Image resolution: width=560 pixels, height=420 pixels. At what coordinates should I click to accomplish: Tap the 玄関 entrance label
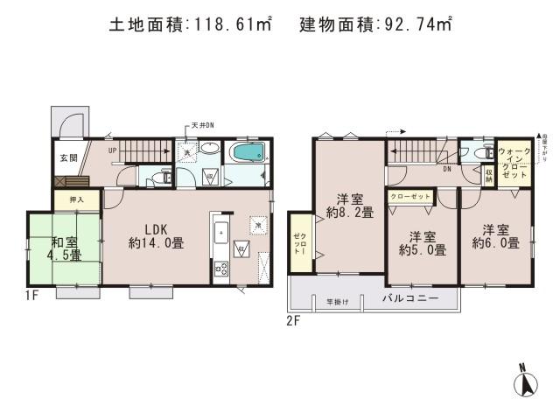click(69, 158)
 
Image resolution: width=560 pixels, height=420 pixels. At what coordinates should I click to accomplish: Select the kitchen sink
click(220, 233)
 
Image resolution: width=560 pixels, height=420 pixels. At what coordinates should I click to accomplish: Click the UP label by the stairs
click(113, 150)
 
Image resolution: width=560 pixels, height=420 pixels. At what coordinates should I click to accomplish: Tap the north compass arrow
click(528, 382)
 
